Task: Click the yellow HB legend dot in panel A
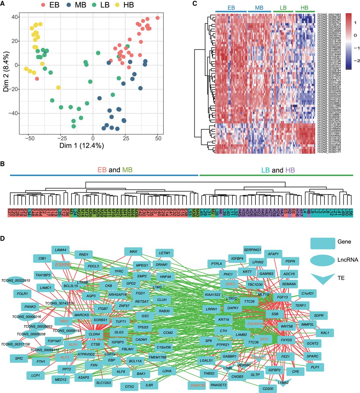coord(117,5)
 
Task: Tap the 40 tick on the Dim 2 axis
coord(14,17)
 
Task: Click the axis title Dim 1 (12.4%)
coord(82,146)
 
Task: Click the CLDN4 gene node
coord(94,334)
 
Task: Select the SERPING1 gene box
coord(252,250)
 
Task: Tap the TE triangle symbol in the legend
coord(322,278)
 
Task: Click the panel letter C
coord(194,4)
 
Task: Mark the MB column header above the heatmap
coord(259,8)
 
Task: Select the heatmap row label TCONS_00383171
coord(328,152)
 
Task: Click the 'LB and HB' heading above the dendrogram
coord(278,170)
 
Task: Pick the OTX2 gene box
coord(129,387)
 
